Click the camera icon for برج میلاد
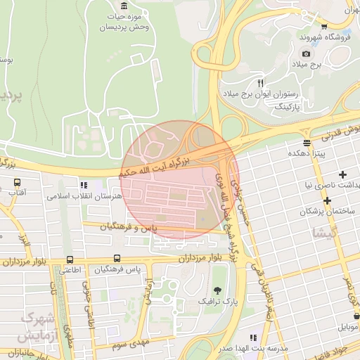point(306,54)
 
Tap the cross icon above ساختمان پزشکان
point(328,201)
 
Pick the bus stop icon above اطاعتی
point(69,259)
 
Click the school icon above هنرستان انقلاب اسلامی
point(85,185)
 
